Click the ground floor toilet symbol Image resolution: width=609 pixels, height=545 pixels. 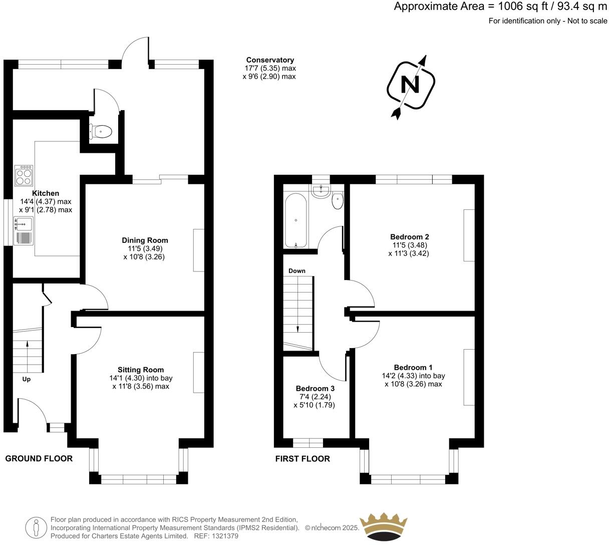tap(101, 132)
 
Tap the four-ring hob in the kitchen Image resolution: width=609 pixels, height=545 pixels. tap(24, 175)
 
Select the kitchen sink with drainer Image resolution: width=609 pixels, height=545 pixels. tap(24, 231)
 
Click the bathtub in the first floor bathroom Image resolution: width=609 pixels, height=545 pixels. tap(295, 221)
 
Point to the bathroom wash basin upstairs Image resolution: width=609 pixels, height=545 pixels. tap(321, 191)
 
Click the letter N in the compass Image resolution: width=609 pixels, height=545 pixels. tap(411, 84)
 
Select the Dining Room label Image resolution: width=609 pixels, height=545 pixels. tap(145, 240)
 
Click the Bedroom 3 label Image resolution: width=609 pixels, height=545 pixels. tap(315, 388)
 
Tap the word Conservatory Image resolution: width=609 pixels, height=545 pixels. tap(270, 60)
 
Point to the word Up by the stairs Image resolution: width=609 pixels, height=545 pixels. tap(27, 379)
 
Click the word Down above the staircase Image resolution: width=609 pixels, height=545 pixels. tap(296, 271)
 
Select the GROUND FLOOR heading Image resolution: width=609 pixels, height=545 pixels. tap(39, 458)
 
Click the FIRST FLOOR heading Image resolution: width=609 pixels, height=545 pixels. tap(302, 458)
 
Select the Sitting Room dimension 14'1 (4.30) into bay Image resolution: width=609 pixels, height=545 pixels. tap(141, 378)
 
